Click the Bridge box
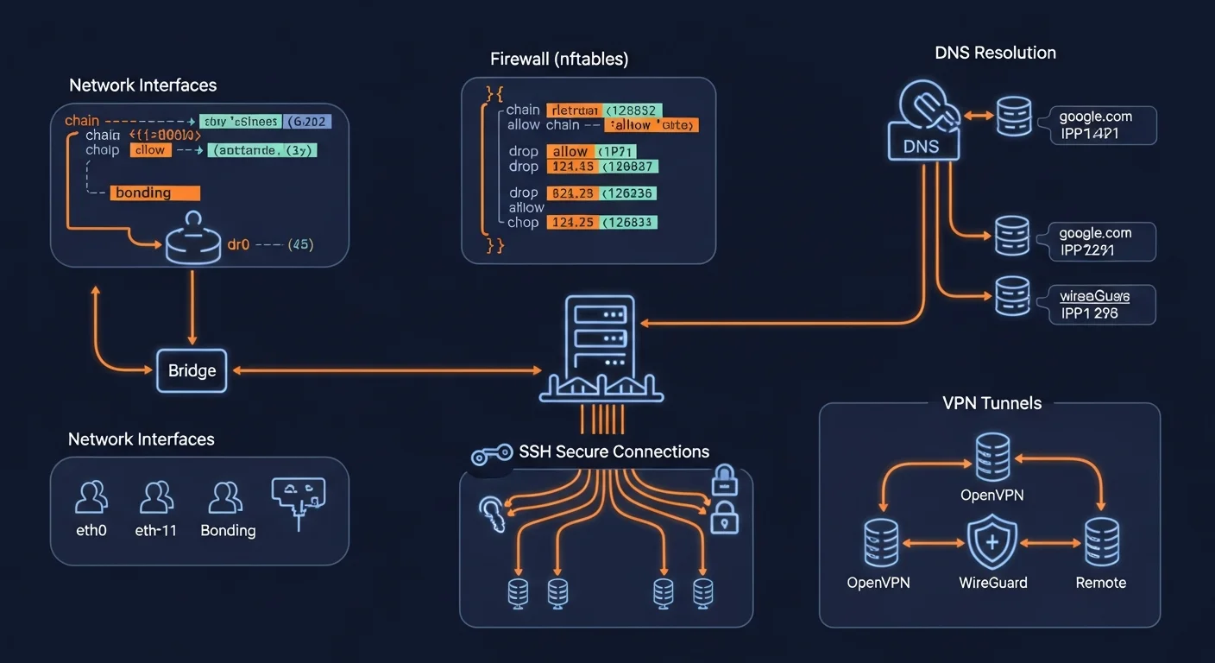pyautogui.click(x=192, y=370)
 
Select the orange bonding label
pyautogui.click(x=155, y=193)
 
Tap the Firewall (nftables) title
pyautogui.click(x=558, y=60)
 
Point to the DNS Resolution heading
pyautogui.click(x=995, y=53)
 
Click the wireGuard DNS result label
pyautogui.click(x=1094, y=296)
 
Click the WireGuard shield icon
pyautogui.click(x=992, y=542)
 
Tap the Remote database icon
pyautogui.click(x=1101, y=542)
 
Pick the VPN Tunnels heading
pyautogui.click(x=992, y=403)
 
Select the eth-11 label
pyautogui.click(x=156, y=530)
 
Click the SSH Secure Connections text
pyautogui.click(x=614, y=451)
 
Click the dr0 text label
pyautogui.click(x=238, y=244)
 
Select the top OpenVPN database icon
pyautogui.click(x=992, y=458)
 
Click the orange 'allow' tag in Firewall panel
pyautogui.click(x=570, y=151)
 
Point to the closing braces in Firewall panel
pyautogui.click(x=495, y=245)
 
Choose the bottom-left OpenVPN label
pyautogui.click(x=878, y=583)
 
